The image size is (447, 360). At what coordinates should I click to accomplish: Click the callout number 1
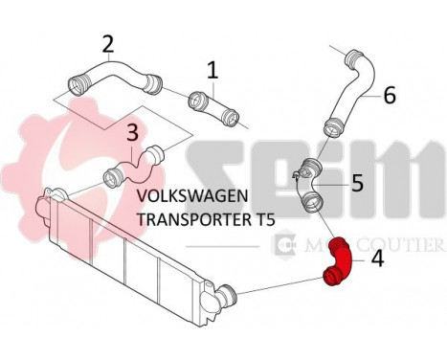[x=212, y=71]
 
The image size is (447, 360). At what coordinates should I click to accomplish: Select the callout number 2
[x=108, y=44]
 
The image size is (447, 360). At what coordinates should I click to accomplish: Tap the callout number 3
[x=132, y=132]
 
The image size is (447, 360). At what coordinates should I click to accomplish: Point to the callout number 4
[x=377, y=259]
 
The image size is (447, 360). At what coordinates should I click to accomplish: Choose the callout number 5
[x=357, y=183]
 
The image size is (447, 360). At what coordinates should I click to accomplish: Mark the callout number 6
[x=390, y=95]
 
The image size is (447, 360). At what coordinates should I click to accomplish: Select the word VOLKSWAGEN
[x=192, y=196]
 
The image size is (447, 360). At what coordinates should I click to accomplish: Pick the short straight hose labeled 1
[x=213, y=108]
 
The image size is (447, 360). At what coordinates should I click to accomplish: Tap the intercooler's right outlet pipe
[x=226, y=296]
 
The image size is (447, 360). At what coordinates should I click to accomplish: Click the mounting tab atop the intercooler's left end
[x=53, y=193]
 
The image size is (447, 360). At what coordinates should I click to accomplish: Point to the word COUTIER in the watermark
[x=400, y=245]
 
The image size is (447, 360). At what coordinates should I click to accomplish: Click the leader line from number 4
[x=359, y=260]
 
